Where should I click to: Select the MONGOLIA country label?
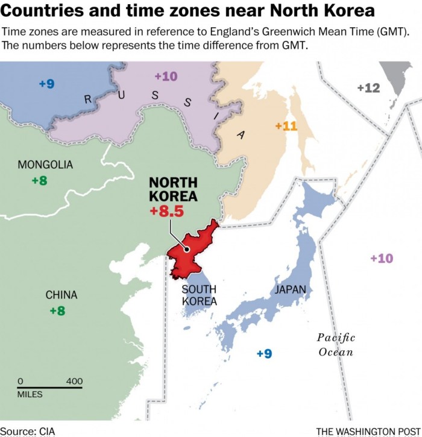pyautogui.click(x=45, y=165)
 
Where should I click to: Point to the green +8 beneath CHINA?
pyautogui.click(x=57, y=310)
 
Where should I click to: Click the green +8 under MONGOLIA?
pyautogui.click(x=39, y=180)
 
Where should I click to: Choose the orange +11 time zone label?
pyautogui.click(x=286, y=126)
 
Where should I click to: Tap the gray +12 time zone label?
pyautogui.click(x=368, y=88)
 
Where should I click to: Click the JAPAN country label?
pyautogui.click(x=290, y=290)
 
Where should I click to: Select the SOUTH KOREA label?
pyautogui.click(x=200, y=295)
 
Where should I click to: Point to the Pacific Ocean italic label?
pyautogui.click(x=336, y=345)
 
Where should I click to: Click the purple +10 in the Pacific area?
pyautogui.click(x=381, y=258)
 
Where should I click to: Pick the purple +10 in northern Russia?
pyautogui.click(x=166, y=76)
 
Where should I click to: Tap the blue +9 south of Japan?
pyautogui.click(x=264, y=354)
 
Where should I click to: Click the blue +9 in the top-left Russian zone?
pyautogui.click(x=46, y=84)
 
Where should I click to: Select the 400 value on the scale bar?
pyautogui.click(x=74, y=382)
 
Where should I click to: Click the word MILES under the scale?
pyautogui.click(x=30, y=395)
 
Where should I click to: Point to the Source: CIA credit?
pyautogui.click(x=28, y=431)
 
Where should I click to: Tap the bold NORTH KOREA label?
pyautogui.click(x=173, y=189)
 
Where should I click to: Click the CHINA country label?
pyautogui.click(x=61, y=295)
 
